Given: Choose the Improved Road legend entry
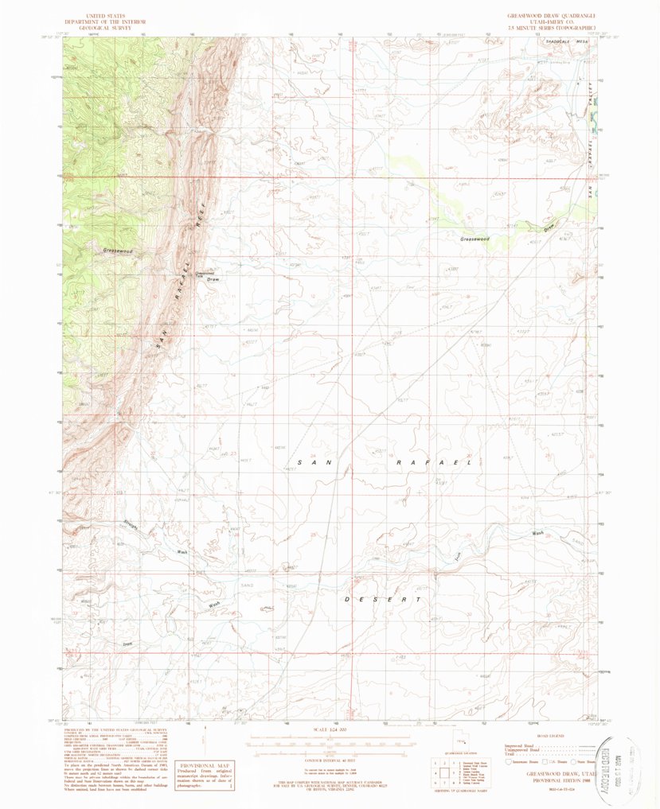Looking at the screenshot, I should click(521, 744).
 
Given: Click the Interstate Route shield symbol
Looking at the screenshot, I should click(509, 761).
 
